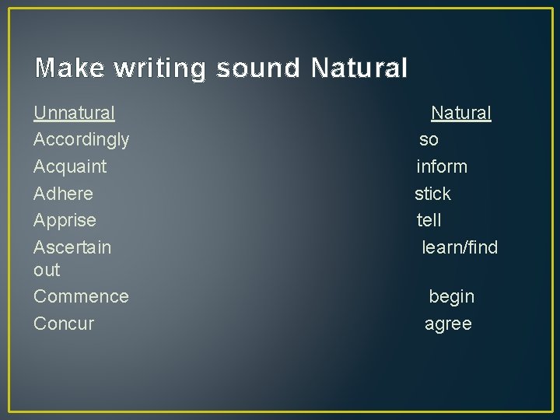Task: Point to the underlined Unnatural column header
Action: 74,114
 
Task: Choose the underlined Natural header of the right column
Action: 461,114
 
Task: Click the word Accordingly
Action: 82,140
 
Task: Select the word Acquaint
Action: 70,166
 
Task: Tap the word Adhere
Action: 63,194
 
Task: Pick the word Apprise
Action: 65,220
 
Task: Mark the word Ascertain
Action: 72,247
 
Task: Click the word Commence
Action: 81,296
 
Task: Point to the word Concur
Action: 64,324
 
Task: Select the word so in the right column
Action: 429,140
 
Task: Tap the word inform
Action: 442,166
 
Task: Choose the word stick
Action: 432,194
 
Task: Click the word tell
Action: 429,220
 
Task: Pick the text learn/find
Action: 460,247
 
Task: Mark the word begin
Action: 451,296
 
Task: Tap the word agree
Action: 448,324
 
